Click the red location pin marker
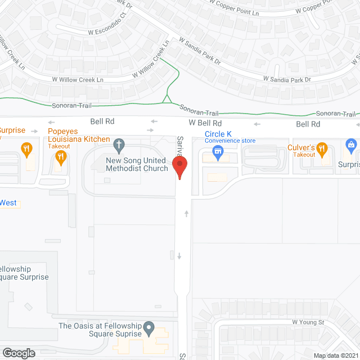click(x=179, y=168)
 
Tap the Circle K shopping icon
click(x=219, y=150)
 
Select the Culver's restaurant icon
click(x=322, y=148)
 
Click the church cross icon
click(x=119, y=146)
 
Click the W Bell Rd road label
click(x=205, y=123)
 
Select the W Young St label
click(x=308, y=322)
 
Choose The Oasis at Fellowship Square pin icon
click(x=148, y=327)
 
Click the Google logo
click(x=19, y=353)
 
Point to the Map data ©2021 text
click(x=335, y=355)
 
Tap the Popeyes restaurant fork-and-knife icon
click(x=61, y=156)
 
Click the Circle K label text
click(x=219, y=134)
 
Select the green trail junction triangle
click(x=167, y=100)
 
